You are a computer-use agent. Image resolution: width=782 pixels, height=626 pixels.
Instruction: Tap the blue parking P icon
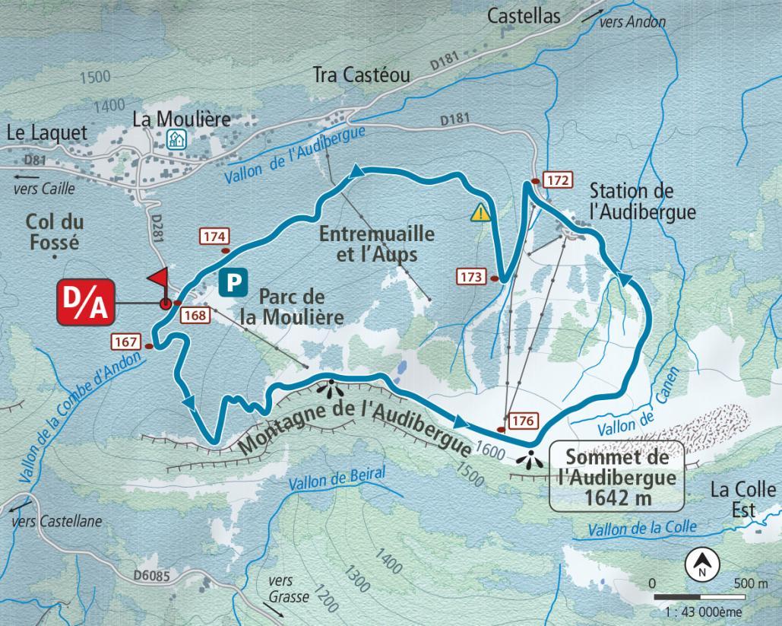[233, 284]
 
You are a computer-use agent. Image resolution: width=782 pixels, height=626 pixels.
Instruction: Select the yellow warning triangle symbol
[480, 212]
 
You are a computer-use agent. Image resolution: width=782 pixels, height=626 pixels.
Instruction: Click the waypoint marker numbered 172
[558, 180]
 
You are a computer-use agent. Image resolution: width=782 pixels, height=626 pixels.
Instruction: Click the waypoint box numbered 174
[214, 236]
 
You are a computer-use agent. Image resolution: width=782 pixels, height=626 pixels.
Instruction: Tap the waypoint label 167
[125, 341]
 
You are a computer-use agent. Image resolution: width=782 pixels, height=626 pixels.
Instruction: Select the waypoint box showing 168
[194, 316]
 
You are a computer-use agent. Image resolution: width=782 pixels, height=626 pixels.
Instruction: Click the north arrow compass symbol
[703, 564]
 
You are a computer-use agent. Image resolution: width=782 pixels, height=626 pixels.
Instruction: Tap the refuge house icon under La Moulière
[176, 139]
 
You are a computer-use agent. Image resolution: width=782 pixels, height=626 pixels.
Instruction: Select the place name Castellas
[524, 14]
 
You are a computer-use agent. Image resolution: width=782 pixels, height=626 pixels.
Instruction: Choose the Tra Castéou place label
[361, 75]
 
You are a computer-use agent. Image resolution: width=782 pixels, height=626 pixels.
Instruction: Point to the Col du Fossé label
[54, 232]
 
